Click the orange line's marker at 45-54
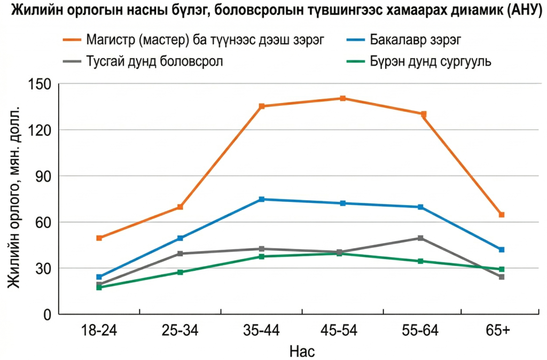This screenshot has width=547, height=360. pyautogui.click(x=342, y=98)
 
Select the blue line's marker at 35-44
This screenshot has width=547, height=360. pyautogui.click(x=262, y=199)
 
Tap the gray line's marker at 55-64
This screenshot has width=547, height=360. pyautogui.click(x=421, y=238)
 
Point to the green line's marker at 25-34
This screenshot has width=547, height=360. pyautogui.click(x=181, y=272)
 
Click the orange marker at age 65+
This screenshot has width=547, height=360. pyautogui.click(x=502, y=215)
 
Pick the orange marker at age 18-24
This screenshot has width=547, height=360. pyautogui.click(x=99, y=238)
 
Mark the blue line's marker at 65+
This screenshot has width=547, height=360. pyautogui.click(x=502, y=249)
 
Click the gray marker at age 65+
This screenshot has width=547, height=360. pyautogui.click(x=502, y=277)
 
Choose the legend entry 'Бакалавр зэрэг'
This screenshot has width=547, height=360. pyautogui.click(x=414, y=40)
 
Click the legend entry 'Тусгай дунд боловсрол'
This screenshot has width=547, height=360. pyautogui.click(x=154, y=60)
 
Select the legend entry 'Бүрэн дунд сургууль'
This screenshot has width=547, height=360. pyautogui.click(x=430, y=60)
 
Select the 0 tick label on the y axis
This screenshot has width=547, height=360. pyautogui.click(x=46, y=314)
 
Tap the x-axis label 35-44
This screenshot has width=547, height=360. pyautogui.click(x=262, y=331)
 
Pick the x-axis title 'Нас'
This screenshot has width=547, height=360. pyautogui.click(x=302, y=351)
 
